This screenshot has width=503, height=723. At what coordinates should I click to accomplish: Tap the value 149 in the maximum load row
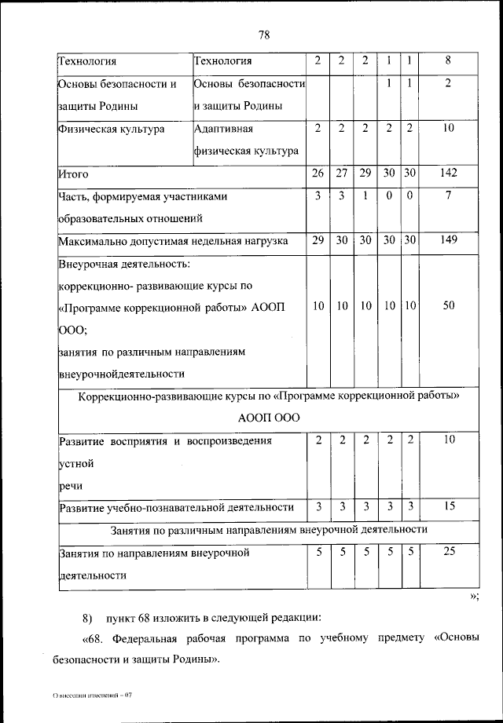click(x=448, y=240)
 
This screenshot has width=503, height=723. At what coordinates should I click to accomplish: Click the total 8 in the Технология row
click(x=448, y=60)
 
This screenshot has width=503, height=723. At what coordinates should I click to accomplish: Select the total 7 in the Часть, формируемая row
click(x=448, y=196)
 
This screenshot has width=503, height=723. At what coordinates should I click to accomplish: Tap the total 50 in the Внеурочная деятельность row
click(x=448, y=307)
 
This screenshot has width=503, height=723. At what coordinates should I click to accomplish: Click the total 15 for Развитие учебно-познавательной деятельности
click(x=448, y=507)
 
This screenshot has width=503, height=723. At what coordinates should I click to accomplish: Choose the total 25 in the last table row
click(x=448, y=553)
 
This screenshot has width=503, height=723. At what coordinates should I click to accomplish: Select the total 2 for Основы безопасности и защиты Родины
click(x=448, y=83)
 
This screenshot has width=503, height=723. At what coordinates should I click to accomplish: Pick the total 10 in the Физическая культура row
click(x=448, y=128)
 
